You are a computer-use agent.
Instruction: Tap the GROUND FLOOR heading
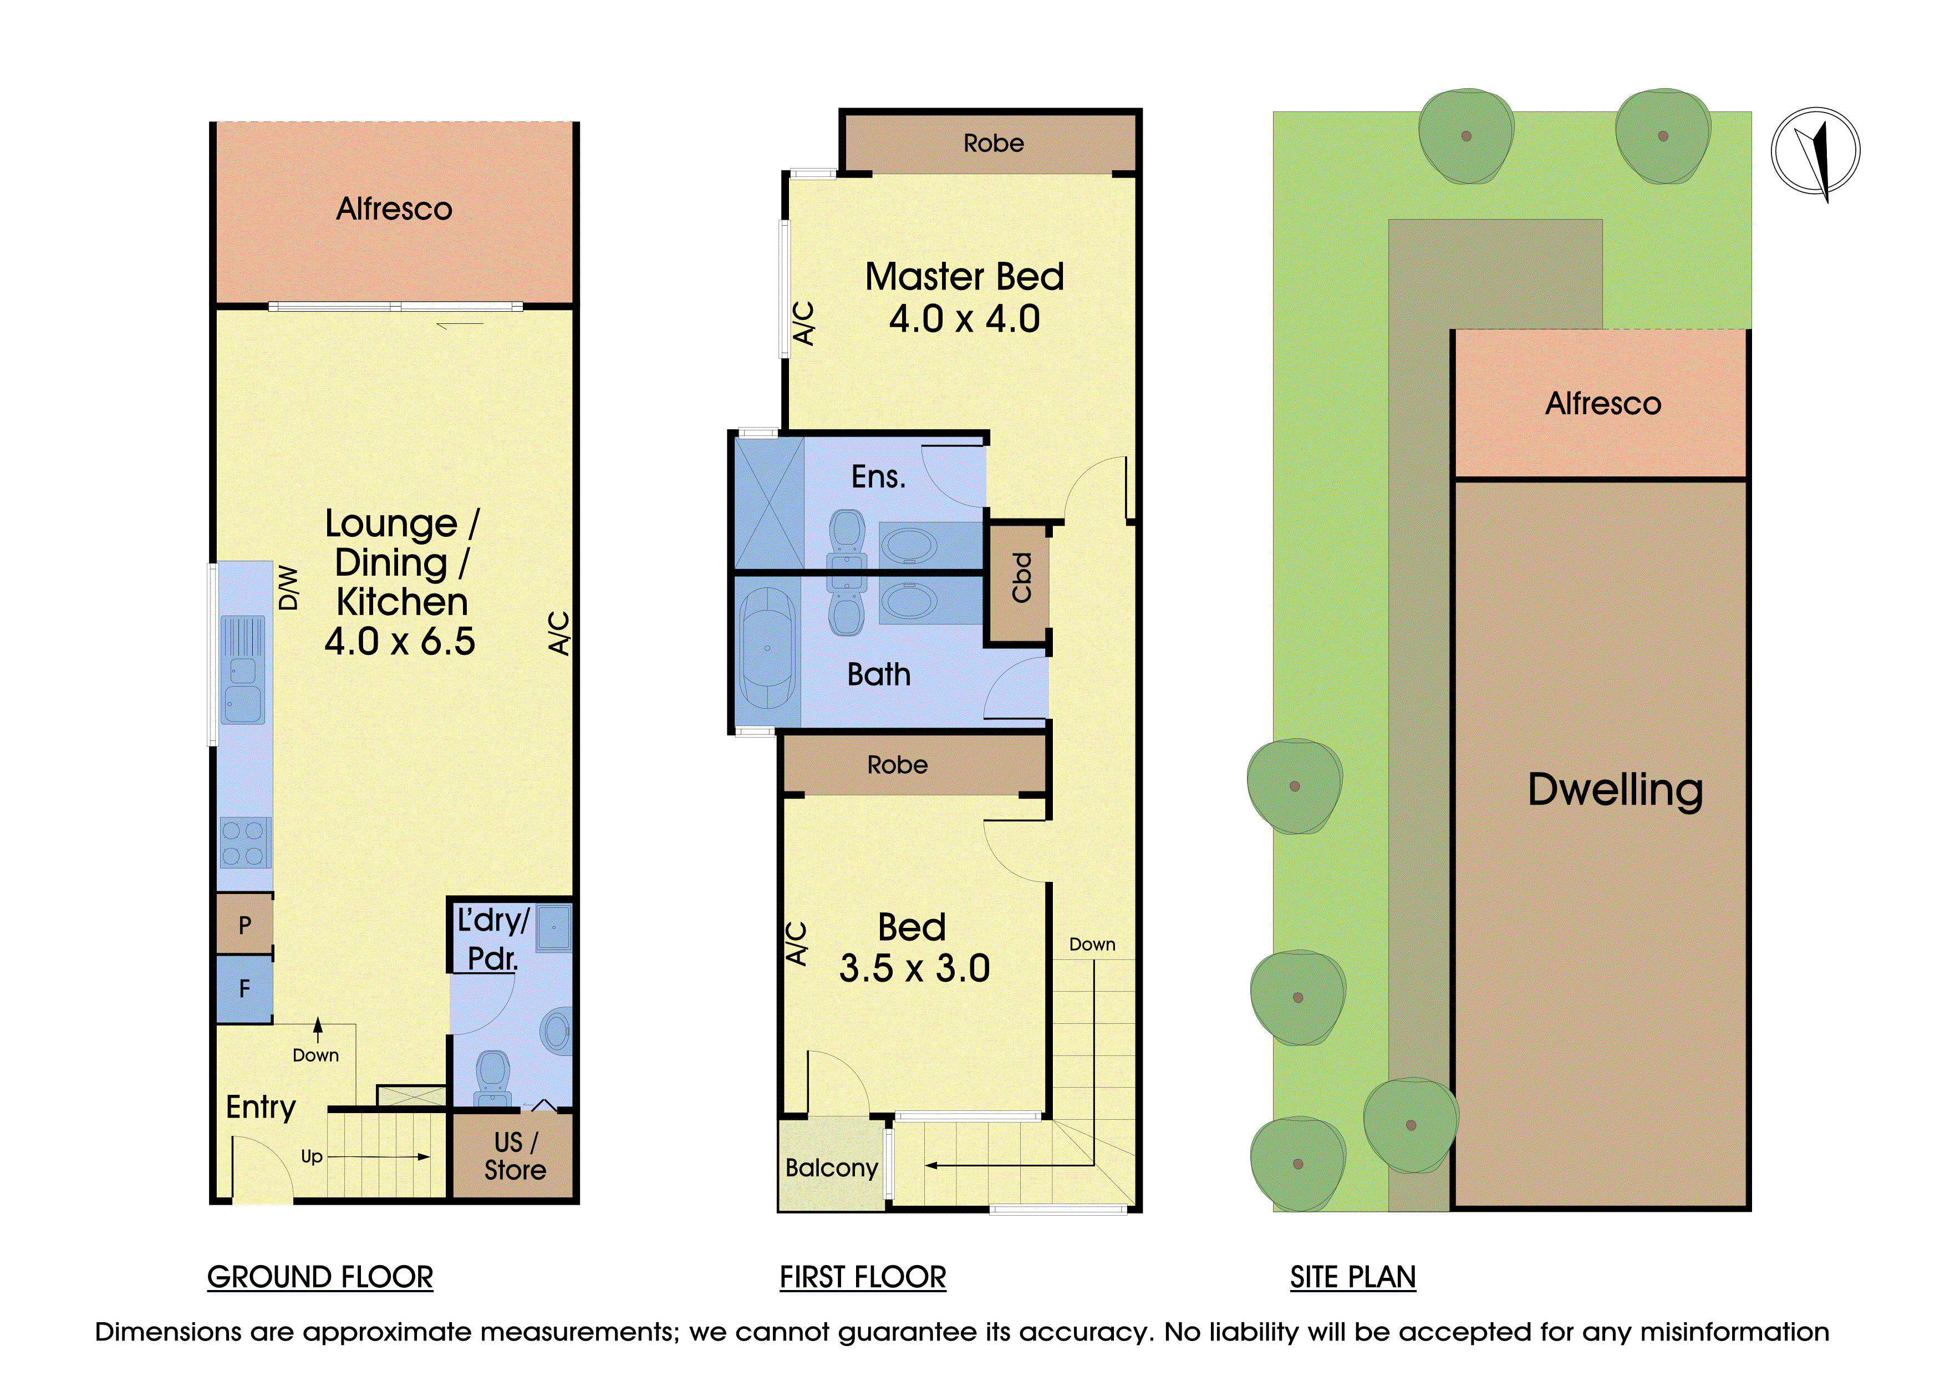click(x=320, y=1277)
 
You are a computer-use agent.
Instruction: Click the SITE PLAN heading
click(x=1353, y=1277)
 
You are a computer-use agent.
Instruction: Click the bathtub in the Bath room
click(x=767, y=648)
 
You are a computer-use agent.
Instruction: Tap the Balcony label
click(x=831, y=1167)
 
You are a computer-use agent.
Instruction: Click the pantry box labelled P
click(x=245, y=925)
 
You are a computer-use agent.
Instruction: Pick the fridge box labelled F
click(x=245, y=988)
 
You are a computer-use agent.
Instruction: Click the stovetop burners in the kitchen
click(x=246, y=842)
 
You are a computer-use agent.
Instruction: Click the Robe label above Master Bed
click(x=994, y=143)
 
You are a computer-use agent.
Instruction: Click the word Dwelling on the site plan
click(x=1615, y=790)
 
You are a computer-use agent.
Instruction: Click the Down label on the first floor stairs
click(x=1092, y=944)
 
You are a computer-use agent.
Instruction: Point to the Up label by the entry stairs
click(x=312, y=1156)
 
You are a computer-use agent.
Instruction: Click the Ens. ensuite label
click(x=878, y=477)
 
